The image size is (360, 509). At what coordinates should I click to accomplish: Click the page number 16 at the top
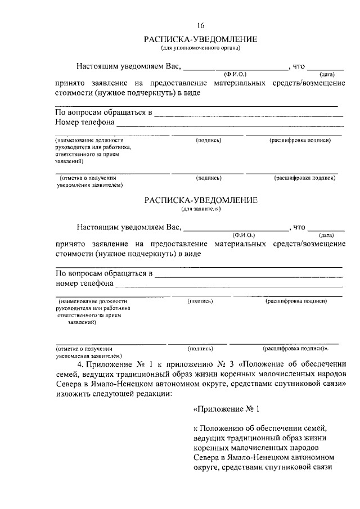click(201, 25)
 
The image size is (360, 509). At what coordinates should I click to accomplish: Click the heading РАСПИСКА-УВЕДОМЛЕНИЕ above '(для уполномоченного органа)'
click(201, 39)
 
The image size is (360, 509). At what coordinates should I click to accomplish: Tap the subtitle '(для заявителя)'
click(201, 209)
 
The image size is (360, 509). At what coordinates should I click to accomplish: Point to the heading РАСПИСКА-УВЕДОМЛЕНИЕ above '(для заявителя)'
click(201, 200)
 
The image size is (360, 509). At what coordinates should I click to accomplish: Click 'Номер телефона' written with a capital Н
click(84, 122)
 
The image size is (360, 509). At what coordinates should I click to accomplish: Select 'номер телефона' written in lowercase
click(84, 283)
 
